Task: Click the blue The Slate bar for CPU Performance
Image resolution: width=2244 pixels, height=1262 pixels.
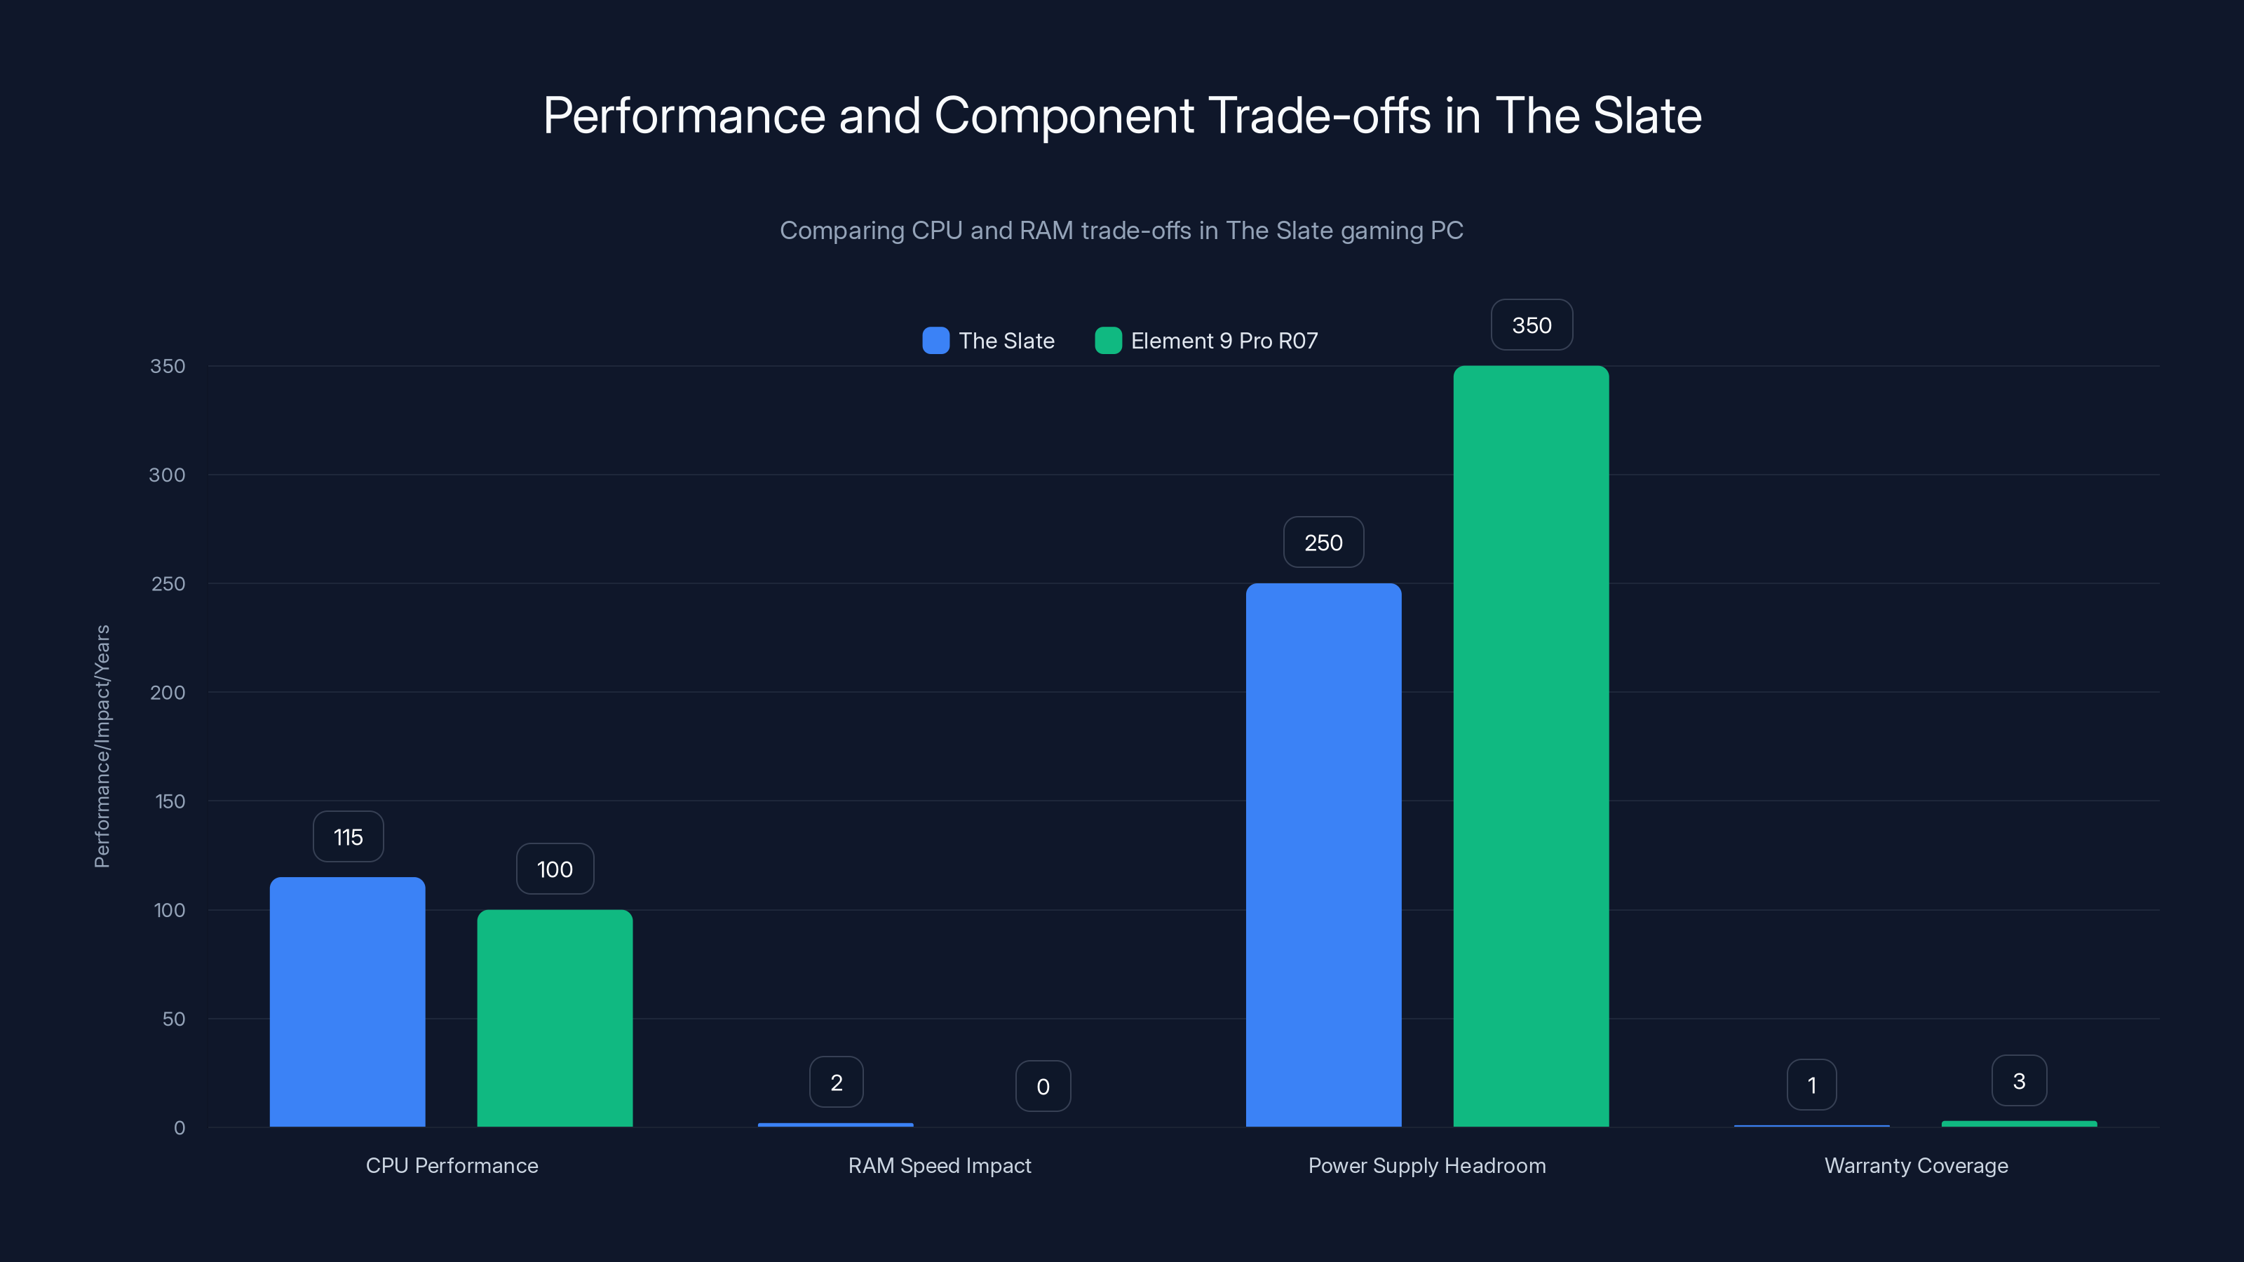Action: [x=348, y=1002]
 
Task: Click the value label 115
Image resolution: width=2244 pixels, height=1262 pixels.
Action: [x=348, y=837]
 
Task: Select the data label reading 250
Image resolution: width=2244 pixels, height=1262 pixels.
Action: [x=1323, y=543]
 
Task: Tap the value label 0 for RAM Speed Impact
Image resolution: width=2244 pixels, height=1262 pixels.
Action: [x=1043, y=1086]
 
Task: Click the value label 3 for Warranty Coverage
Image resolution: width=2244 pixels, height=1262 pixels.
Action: [x=2018, y=1081]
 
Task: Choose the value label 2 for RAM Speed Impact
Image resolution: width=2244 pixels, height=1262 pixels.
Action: [x=837, y=1083]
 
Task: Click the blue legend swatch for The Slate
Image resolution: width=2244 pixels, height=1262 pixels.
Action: [x=935, y=341]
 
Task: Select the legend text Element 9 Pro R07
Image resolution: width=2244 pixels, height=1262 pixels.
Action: [x=1224, y=341]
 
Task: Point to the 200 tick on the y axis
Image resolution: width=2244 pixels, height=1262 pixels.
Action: [x=168, y=693]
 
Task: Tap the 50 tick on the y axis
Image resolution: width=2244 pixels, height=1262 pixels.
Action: [x=173, y=1019]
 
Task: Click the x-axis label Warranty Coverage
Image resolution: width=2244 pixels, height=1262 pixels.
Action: [x=1916, y=1165]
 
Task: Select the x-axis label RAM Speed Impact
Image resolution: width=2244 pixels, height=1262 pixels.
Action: [x=939, y=1165]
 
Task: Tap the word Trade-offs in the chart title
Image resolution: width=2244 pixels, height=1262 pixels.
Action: [x=1320, y=116]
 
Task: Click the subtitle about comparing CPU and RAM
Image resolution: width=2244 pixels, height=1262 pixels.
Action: [x=1121, y=230]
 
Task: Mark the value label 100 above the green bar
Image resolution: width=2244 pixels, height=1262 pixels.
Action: [x=555, y=869]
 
